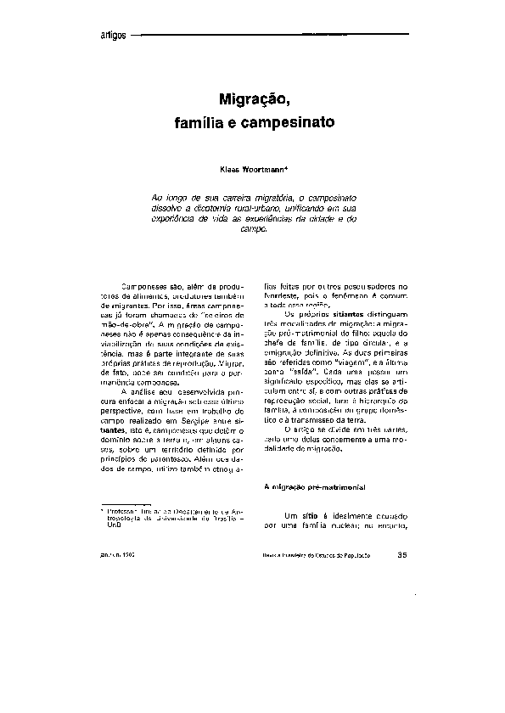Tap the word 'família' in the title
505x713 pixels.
[200, 123]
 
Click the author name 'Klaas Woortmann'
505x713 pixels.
[250, 168]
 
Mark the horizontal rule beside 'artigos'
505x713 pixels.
[272, 35]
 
